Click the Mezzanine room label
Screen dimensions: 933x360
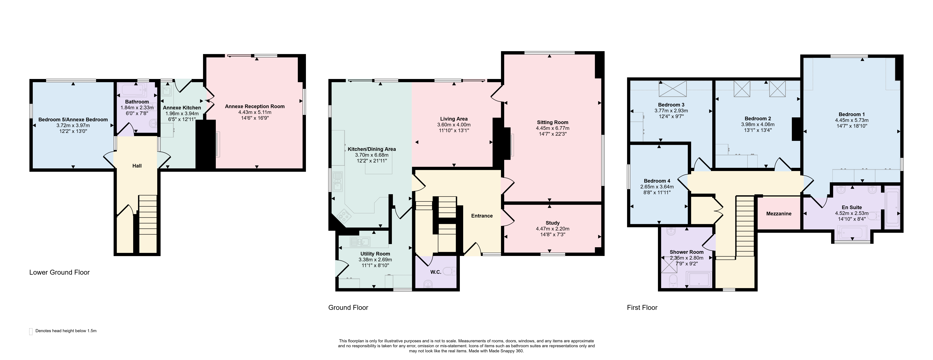click(x=779, y=214)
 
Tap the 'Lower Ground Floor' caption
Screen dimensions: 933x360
click(x=59, y=272)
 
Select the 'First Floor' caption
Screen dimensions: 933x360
click(x=642, y=308)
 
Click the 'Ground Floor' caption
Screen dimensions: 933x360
click(x=348, y=308)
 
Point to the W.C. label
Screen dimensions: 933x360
click(x=436, y=272)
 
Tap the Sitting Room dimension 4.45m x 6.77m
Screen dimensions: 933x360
click(x=553, y=128)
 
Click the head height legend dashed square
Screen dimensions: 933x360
click(x=31, y=331)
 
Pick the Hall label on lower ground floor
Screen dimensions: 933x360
click(x=137, y=166)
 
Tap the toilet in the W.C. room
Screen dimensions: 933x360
click(x=450, y=271)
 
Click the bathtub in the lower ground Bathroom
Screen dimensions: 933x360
click(x=132, y=88)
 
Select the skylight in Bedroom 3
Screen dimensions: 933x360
click(x=673, y=89)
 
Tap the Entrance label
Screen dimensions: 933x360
click(x=482, y=216)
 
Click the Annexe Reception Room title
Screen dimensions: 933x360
click(x=255, y=107)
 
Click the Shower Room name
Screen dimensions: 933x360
click(x=687, y=252)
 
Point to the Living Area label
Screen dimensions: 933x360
click(x=454, y=119)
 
